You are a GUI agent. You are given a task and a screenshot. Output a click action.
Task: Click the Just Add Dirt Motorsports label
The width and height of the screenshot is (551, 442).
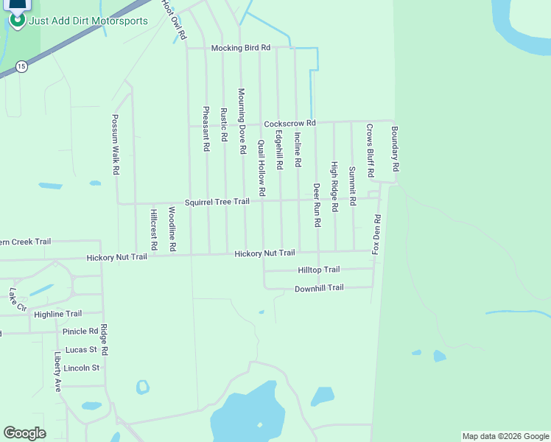88,21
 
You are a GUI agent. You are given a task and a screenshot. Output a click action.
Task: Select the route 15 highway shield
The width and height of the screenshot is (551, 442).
21,66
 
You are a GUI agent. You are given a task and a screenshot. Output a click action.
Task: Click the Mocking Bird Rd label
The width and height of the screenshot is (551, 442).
241,48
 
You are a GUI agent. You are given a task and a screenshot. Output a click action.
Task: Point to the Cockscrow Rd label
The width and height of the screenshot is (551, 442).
289,123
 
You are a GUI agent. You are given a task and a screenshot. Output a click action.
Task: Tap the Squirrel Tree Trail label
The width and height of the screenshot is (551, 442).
217,202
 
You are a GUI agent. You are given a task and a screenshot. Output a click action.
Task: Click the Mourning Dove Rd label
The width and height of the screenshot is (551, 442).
241,121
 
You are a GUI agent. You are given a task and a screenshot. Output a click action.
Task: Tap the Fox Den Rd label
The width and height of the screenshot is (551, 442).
376,234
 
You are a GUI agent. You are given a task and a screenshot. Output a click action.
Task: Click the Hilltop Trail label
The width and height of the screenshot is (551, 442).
318,270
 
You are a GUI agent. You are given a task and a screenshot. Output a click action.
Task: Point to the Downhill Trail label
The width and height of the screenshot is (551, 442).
319,288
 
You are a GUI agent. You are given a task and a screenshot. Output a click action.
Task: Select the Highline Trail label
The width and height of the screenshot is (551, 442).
58,314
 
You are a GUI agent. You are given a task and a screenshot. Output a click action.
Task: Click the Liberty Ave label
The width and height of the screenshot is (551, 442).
57,371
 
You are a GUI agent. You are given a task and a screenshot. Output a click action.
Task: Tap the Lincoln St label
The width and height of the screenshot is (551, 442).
81,368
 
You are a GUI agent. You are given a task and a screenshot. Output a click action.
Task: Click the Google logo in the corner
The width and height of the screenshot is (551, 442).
24,433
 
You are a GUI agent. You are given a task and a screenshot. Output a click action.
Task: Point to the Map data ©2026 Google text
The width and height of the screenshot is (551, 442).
505,436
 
